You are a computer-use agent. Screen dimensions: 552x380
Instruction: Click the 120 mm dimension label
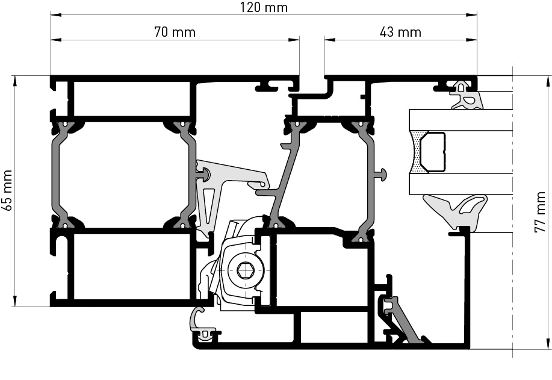264,7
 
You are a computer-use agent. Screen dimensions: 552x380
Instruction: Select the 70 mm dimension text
175,32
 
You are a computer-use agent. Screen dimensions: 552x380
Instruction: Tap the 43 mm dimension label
400,32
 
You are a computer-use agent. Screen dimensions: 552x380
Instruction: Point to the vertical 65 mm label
7,190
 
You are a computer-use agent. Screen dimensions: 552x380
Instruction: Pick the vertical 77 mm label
540,213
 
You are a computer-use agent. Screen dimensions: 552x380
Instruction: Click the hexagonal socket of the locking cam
244,270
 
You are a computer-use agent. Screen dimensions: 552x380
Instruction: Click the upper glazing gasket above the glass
467,96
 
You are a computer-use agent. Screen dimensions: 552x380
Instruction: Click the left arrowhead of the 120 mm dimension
55,15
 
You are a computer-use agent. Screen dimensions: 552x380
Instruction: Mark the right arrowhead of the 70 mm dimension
294,40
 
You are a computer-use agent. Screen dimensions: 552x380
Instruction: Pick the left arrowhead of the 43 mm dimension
329,40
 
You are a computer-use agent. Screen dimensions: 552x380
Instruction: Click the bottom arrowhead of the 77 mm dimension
547,344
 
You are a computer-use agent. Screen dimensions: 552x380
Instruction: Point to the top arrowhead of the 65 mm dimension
15,81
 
